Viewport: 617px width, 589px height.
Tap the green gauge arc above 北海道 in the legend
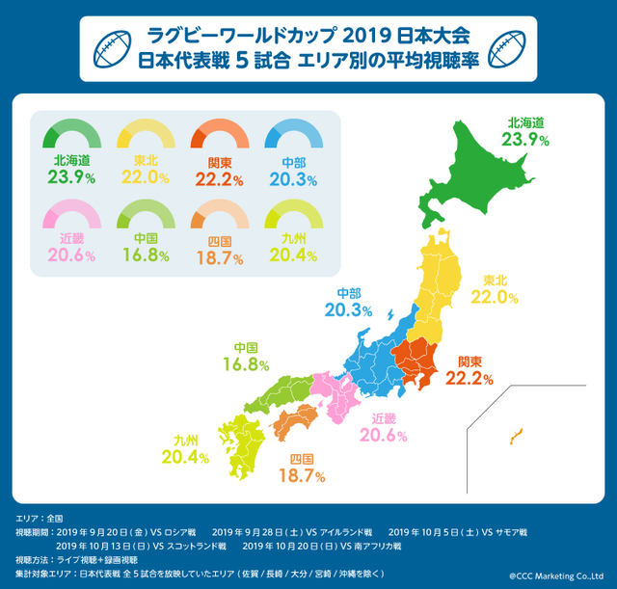[x=72, y=128]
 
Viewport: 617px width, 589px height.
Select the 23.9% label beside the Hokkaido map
[x=525, y=140]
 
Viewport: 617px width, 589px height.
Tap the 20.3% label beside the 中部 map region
[x=348, y=310]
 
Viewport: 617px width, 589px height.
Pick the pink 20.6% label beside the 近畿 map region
[x=395, y=436]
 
